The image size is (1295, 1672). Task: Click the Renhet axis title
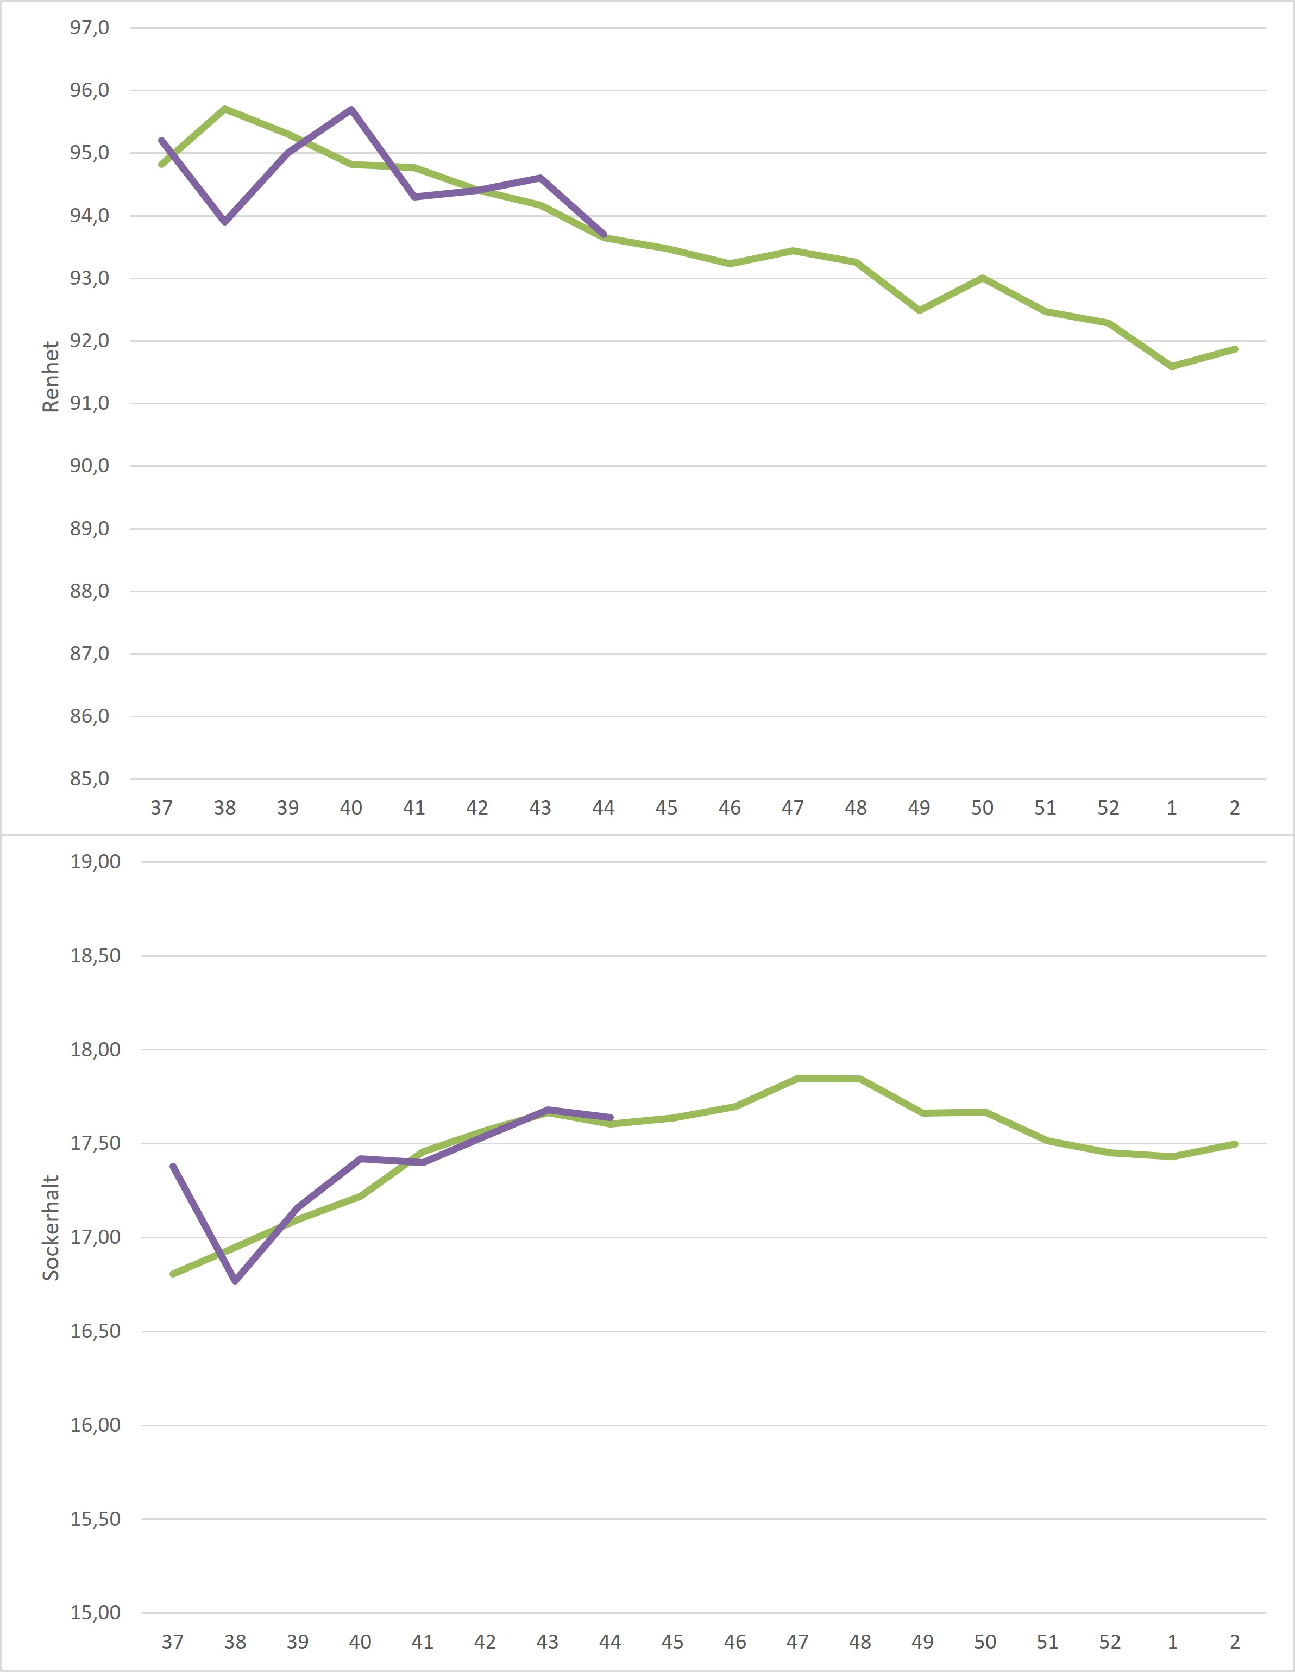point(51,377)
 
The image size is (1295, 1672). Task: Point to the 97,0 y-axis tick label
point(90,28)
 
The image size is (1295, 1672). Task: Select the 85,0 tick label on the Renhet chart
point(90,779)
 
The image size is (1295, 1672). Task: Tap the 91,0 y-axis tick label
point(90,403)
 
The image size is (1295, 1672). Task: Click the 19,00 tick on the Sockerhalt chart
point(95,862)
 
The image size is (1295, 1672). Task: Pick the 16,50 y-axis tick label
point(95,1331)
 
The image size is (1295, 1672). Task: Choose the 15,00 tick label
point(95,1613)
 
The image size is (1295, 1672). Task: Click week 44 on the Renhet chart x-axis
point(603,807)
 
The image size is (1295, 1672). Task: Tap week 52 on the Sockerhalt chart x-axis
point(1110,1642)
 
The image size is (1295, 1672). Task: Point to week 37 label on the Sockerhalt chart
point(172,1642)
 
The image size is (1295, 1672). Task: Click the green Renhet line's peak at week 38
point(225,109)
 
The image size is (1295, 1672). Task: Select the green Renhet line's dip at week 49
point(919,311)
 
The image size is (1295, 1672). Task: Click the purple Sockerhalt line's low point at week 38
point(235,1281)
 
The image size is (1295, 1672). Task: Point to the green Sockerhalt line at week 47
point(797,1079)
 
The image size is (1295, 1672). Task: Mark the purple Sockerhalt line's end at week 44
point(610,1118)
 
